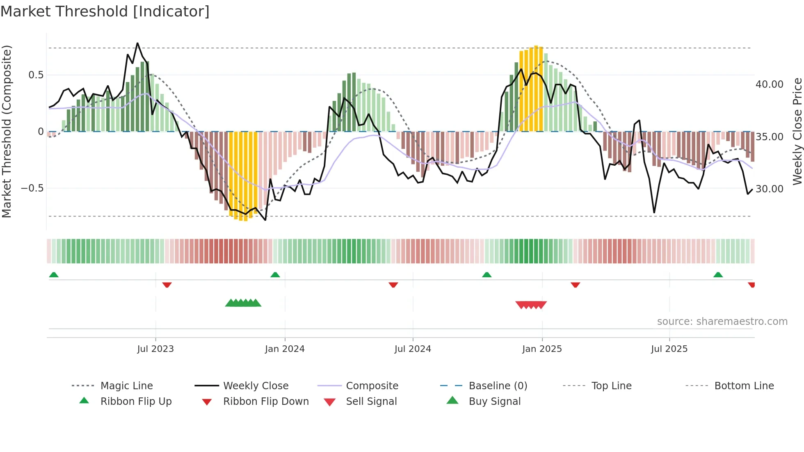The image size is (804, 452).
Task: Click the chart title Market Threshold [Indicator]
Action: click(x=105, y=11)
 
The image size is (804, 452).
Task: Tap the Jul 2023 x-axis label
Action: click(x=155, y=349)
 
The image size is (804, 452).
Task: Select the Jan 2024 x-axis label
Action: click(x=285, y=349)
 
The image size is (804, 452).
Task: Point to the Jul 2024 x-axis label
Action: click(x=413, y=349)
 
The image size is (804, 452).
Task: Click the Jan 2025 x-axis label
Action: click(x=542, y=349)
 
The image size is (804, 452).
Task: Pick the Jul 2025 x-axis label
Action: click(x=669, y=349)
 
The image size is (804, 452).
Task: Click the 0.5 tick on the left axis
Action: click(x=36, y=75)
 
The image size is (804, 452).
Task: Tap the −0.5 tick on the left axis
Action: click(x=32, y=188)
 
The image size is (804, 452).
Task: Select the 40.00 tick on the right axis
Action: click(x=770, y=84)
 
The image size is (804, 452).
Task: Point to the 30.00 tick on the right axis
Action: click(x=770, y=189)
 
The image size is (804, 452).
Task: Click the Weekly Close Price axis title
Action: click(x=797, y=131)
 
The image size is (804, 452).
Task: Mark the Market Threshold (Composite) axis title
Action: click(x=7, y=131)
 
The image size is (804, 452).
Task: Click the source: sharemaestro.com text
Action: click(x=722, y=322)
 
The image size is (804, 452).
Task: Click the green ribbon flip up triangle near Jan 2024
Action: click(x=275, y=275)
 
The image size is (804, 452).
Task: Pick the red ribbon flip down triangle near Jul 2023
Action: click(x=167, y=285)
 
